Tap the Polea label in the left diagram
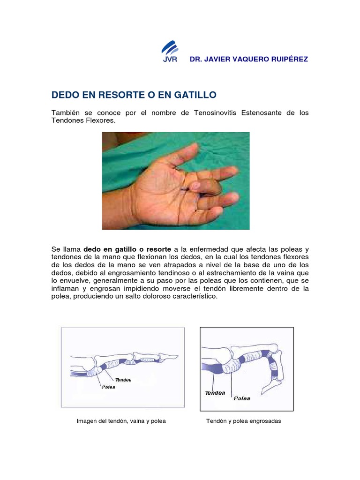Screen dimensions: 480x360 [108, 387]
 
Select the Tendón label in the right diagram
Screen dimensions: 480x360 [215, 393]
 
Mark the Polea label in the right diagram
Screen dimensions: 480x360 [242, 398]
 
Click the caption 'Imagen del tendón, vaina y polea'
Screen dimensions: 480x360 [121, 421]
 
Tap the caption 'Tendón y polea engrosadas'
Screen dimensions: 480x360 [243, 421]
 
